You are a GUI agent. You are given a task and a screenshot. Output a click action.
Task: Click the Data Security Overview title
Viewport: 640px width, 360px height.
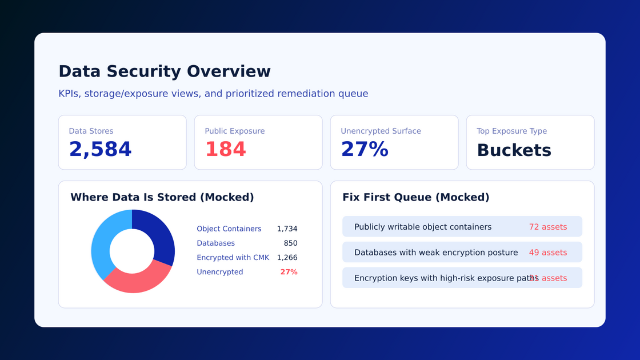coord(165,71)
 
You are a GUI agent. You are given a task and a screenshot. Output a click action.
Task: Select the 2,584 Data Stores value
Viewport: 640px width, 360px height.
coord(101,150)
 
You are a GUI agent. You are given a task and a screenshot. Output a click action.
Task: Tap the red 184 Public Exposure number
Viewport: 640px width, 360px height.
coord(226,150)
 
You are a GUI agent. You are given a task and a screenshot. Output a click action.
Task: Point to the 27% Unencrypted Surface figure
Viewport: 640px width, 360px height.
coord(365,150)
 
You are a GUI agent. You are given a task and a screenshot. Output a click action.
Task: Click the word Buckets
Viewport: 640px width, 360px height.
coord(514,150)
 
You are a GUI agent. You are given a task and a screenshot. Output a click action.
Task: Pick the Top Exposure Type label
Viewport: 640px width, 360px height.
coord(511,131)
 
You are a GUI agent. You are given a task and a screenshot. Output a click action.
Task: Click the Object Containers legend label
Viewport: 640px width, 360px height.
coord(229,229)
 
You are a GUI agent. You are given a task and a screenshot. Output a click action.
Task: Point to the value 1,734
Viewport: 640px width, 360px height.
coord(287,229)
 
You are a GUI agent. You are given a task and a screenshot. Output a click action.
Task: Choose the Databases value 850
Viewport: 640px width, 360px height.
coord(290,243)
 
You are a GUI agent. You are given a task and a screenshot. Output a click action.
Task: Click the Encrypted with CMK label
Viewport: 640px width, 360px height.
coord(233,258)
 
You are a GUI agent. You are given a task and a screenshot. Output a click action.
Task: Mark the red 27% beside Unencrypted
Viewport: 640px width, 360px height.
coord(289,272)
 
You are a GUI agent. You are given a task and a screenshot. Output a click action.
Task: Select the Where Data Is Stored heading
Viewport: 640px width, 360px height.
coord(162,197)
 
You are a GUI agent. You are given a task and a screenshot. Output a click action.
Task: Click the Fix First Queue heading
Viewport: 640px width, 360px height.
coord(415,197)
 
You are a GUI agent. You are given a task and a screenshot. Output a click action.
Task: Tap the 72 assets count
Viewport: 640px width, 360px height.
coord(547,227)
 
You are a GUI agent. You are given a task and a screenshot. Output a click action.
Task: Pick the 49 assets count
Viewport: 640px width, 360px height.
coord(547,253)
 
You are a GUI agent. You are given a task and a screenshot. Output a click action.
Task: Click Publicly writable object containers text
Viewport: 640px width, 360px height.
coord(422,227)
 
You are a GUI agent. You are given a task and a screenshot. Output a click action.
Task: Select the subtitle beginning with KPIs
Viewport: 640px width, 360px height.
coord(213,94)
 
